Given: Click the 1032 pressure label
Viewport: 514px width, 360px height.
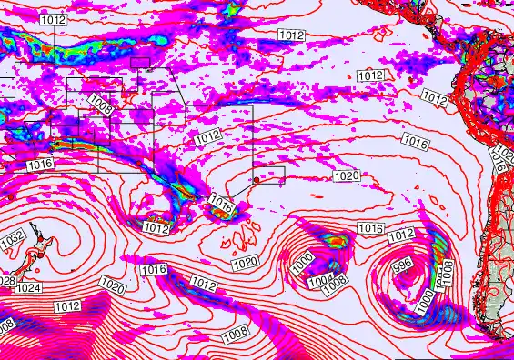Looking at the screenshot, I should (13, 236).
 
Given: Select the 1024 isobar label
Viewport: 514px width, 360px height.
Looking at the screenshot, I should (29, 288).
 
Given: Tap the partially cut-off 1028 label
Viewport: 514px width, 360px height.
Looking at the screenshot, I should (6, 280).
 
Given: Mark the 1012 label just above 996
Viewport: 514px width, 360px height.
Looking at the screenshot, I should (401, 236).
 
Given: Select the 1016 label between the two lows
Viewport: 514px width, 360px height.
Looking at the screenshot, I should (369, 227).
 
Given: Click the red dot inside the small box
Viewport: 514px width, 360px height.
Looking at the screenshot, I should (257, 180).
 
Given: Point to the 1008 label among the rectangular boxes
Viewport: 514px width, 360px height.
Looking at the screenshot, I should (102, 107).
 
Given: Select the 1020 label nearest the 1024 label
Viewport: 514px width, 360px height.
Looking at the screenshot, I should (112, 286).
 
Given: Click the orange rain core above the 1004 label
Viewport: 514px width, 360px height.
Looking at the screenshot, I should (338, 241).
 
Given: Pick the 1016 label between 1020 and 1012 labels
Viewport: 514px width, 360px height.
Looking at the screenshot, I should (154, 269).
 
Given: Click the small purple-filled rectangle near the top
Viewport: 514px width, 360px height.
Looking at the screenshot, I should (140, 62).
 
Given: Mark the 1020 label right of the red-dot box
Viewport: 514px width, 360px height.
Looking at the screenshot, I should (347, 175).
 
